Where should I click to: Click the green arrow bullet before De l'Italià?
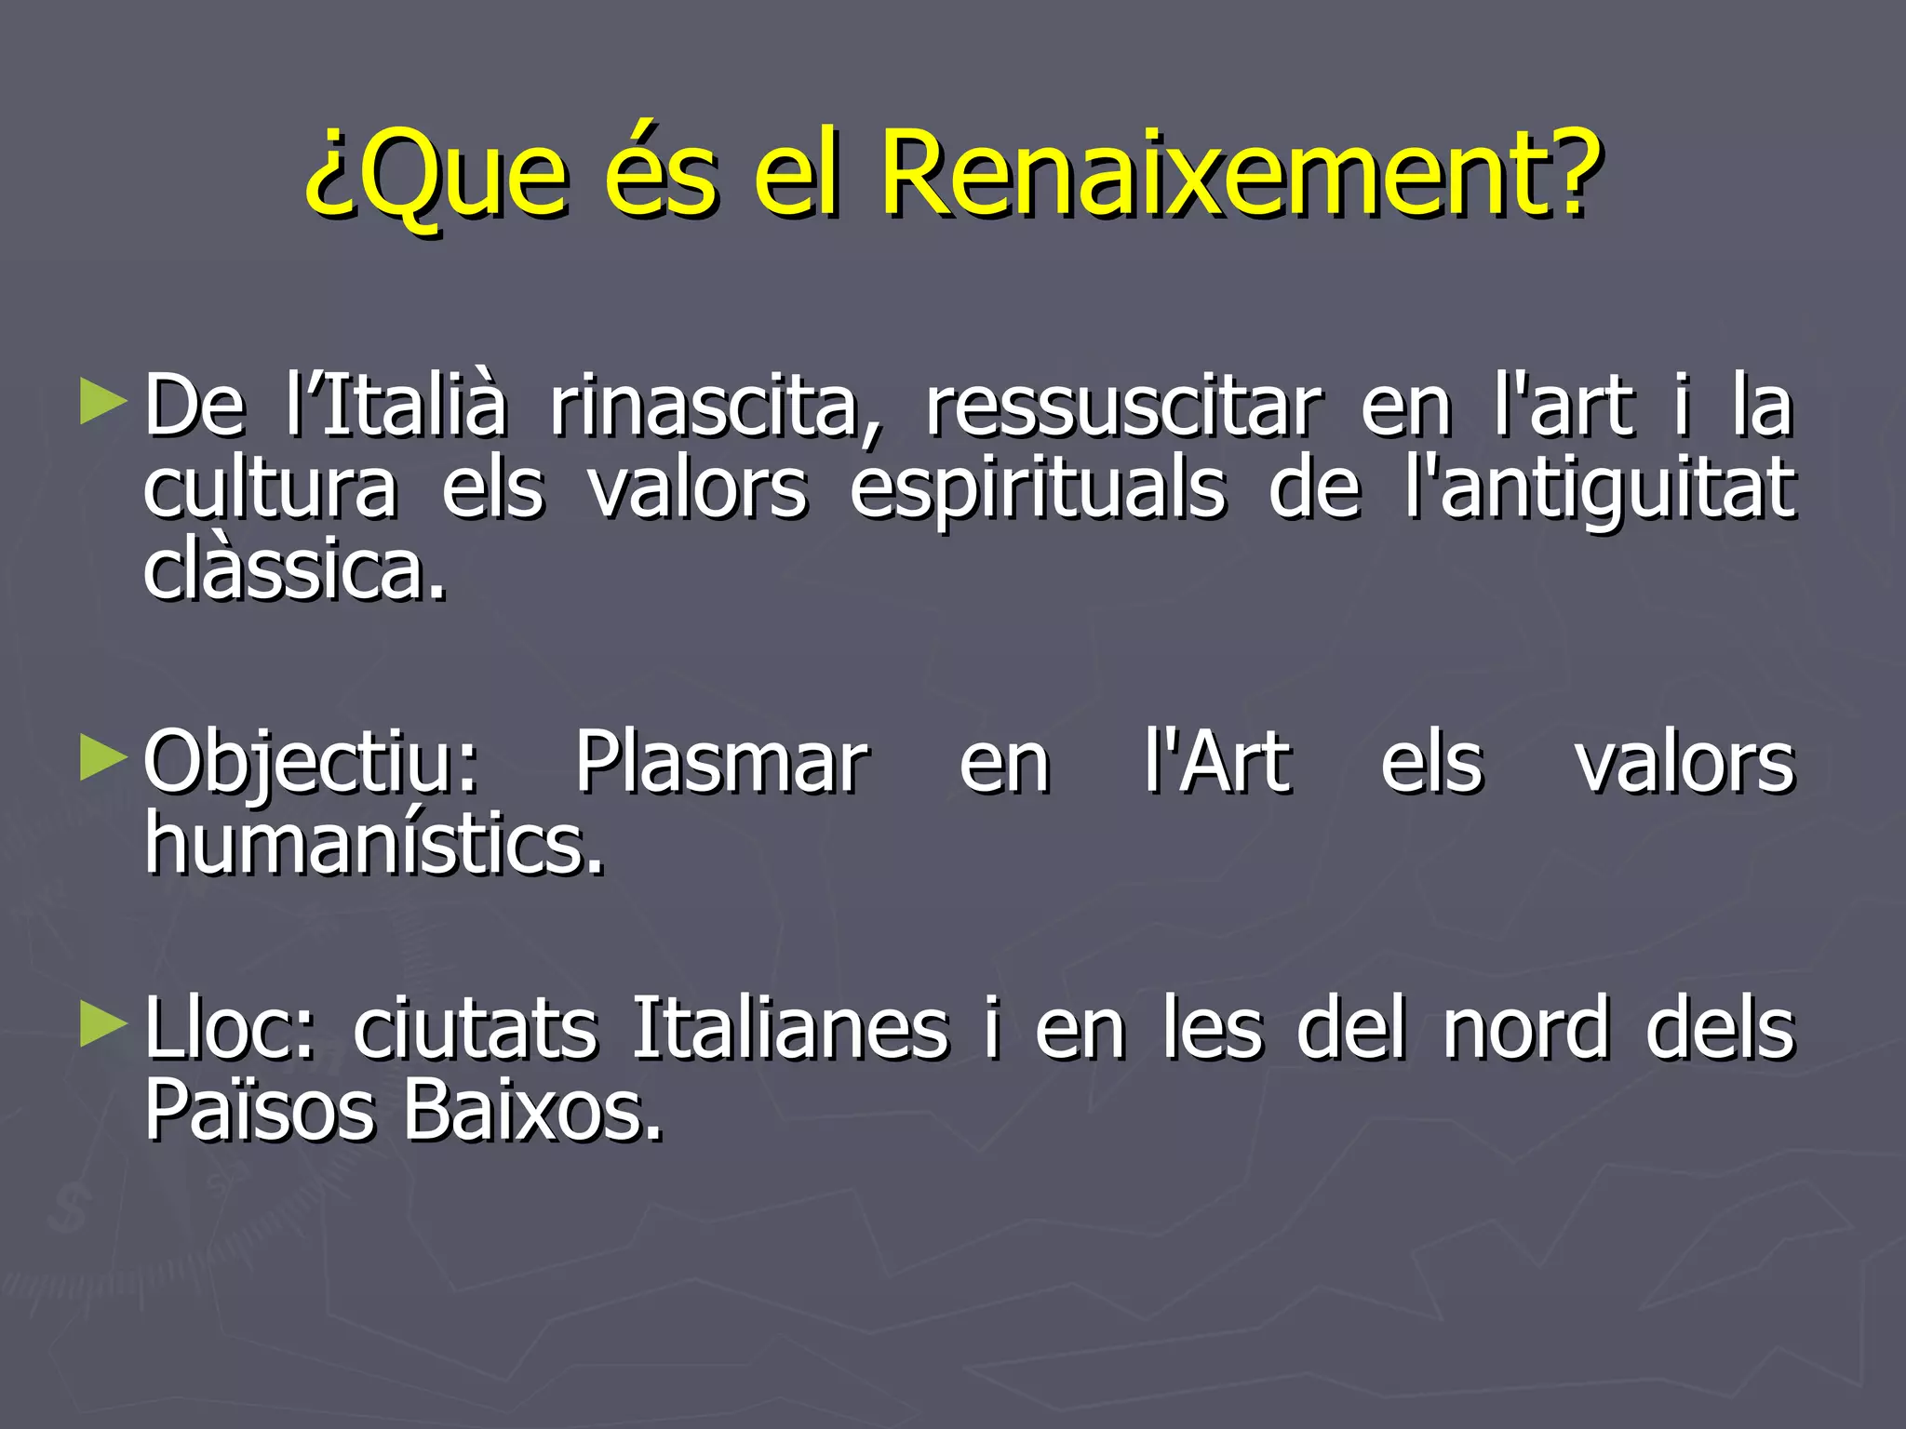point(103,401)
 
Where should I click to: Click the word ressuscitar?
point(1122,407)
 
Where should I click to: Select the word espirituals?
point(1037,490)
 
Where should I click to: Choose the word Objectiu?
point(311,765)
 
